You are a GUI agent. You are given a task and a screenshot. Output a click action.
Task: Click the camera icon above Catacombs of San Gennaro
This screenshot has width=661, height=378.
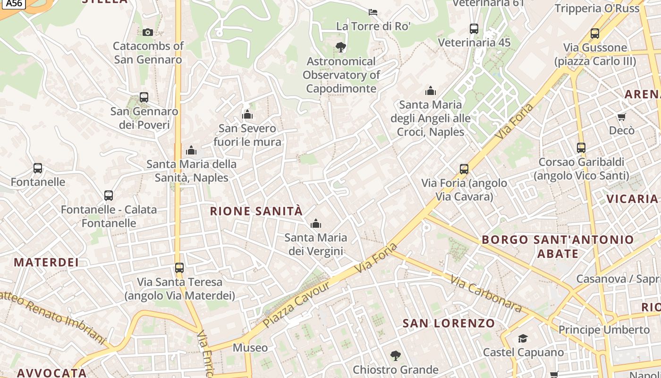148,32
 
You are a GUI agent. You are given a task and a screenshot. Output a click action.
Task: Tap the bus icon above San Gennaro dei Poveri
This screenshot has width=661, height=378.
144,97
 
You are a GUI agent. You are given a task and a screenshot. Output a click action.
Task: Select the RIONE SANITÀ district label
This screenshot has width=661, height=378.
256,211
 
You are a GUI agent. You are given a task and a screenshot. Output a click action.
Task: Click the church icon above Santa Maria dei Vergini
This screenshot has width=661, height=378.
315,223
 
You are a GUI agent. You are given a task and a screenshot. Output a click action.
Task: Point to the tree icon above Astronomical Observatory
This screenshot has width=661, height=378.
340,47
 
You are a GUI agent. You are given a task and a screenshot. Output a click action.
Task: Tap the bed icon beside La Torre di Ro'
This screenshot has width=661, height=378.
373,12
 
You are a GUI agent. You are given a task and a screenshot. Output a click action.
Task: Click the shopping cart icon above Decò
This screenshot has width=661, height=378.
622,117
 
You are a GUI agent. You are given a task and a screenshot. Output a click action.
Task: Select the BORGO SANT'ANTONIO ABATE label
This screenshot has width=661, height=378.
558,247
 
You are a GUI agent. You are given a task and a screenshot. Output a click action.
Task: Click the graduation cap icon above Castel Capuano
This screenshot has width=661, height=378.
523,338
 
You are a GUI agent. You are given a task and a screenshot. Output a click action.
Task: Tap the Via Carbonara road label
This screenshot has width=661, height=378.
486,293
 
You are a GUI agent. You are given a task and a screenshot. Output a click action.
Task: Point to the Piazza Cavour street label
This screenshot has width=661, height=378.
297,305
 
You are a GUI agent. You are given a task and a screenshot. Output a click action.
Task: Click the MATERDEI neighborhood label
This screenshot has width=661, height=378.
46,262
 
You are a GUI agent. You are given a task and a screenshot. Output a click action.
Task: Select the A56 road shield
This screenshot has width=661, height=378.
15,3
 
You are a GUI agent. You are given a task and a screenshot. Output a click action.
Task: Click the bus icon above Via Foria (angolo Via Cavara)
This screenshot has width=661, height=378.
464,169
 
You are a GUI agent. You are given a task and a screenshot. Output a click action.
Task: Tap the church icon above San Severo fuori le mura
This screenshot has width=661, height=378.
247,115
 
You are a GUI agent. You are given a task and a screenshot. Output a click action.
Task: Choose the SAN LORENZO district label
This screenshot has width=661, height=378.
449,324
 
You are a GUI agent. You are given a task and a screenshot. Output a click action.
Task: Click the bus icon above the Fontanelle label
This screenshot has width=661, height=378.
38,168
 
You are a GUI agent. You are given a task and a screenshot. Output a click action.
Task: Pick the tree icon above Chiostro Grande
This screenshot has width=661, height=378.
396,356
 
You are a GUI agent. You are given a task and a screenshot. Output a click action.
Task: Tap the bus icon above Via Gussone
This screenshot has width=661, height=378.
595,34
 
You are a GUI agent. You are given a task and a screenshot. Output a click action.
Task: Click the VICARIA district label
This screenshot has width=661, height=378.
632,199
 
